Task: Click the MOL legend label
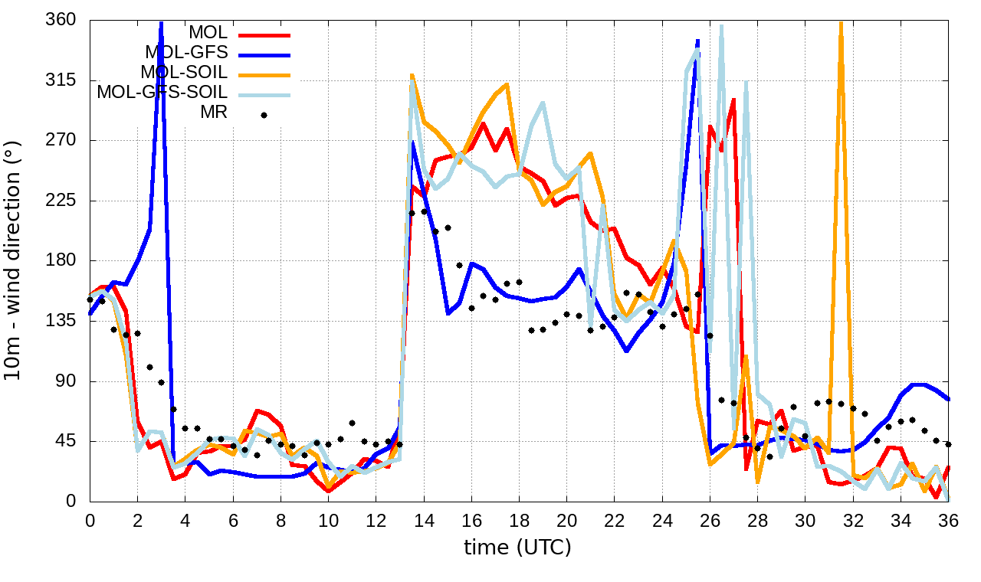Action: [x=208, y=33]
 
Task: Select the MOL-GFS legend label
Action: [x=186, y=53]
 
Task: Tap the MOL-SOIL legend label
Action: [x=184, y=73]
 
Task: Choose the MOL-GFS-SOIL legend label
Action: [x=162, y=93]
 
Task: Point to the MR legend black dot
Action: [x=264, y=115]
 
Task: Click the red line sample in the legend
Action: [x=264, y=34]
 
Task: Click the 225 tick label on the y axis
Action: [x=60, y=201]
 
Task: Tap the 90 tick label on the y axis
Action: [x=64, y=381]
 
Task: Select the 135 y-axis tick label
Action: [x=60, y=321]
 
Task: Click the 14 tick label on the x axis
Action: [x=423, y=521]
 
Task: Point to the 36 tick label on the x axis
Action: [x=948, y=521]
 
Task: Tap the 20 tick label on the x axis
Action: [x=566, y=521]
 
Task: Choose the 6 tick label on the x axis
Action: [x=233, y=521]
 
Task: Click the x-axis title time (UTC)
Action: [x=517, y=548]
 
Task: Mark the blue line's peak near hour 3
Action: [x=161, y=23]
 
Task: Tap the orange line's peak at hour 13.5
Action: [x=412, y=75]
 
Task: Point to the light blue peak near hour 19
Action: [x=543, y=103]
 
